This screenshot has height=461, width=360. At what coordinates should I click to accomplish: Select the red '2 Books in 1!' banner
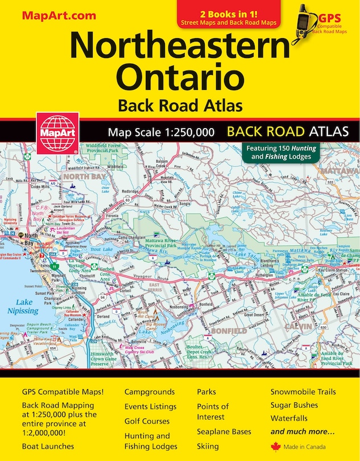pyautogui.click(x=229, y=17)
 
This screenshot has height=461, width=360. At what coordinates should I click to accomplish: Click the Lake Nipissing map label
pyautogui.click(x=23, y=307)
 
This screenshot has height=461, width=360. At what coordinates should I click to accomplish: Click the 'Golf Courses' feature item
pyautogui.click(x=147, y=421)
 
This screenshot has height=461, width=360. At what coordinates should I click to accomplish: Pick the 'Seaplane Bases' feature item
pyautogui.click(x=224, y=431)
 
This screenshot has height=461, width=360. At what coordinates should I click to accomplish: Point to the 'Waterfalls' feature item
pyautogui.click(x=290, y=418)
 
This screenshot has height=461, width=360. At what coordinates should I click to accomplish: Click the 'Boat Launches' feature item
pyautogui.click(x=48, y=446)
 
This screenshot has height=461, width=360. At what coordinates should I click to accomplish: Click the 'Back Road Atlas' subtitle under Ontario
pyautogui.click(x=180, y=105)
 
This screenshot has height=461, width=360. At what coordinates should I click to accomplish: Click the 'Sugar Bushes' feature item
pyautogui.click(x=294, y=405)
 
